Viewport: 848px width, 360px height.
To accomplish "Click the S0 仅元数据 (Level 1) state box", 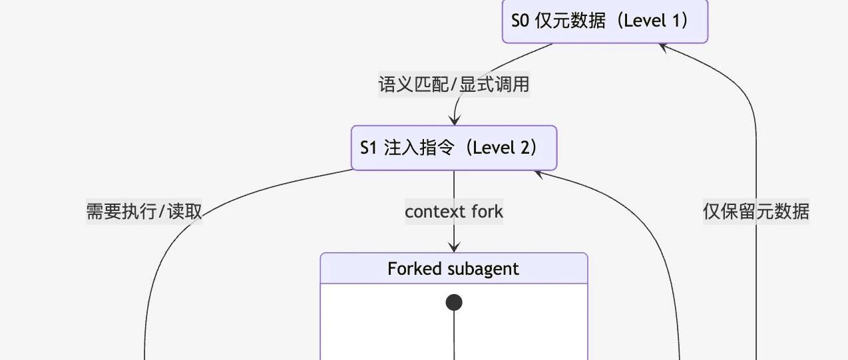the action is point(605,21).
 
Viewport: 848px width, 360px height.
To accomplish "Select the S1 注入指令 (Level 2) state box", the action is point(454,148).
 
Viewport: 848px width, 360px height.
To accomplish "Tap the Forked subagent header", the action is point(454,268).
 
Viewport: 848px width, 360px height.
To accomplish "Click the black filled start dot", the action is point(454,303).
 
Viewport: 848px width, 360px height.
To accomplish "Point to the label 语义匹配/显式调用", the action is point(454,84).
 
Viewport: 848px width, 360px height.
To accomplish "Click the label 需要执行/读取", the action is point(144,211).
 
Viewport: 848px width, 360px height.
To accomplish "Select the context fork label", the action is point(454,211).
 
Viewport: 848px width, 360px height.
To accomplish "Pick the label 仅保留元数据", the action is point(756,211).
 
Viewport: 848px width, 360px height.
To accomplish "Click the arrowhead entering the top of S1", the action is point(454,120).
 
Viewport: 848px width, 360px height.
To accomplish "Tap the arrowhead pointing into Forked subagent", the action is point(454,248).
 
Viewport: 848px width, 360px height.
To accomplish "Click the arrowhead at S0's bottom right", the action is point(664,47).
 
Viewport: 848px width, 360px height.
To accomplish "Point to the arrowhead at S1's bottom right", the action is point(539,174).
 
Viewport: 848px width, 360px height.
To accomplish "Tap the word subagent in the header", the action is point(483,269).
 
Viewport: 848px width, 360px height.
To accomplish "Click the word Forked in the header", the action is point(415,268).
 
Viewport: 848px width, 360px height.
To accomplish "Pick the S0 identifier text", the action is point(520,21).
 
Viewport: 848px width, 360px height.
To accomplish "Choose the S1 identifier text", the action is point(368,148).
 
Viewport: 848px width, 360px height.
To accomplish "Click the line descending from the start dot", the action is point(454,335).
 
